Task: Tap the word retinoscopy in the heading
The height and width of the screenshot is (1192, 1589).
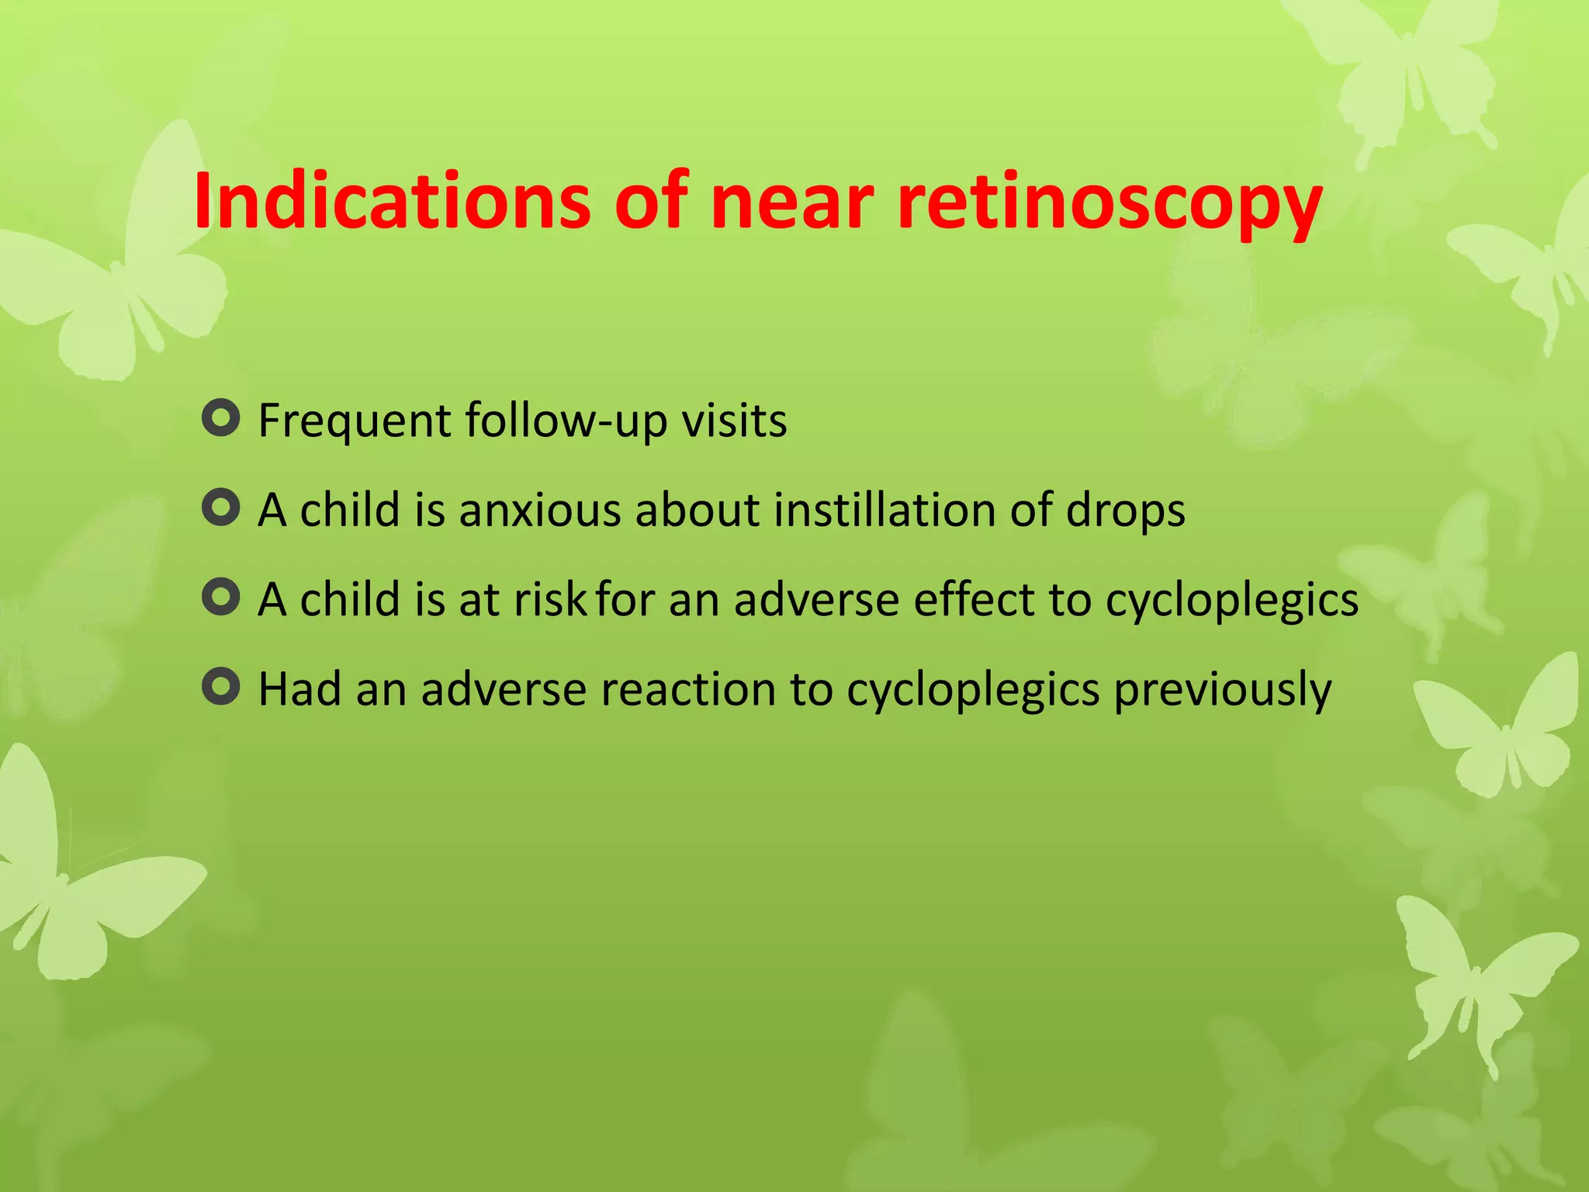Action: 1109,203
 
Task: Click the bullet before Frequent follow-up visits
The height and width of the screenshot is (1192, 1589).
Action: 220,418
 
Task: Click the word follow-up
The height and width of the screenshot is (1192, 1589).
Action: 566,421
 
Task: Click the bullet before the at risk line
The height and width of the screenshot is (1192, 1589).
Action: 220,598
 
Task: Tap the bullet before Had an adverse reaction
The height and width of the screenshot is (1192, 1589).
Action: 220,687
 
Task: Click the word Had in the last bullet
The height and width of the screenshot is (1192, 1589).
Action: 299,689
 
